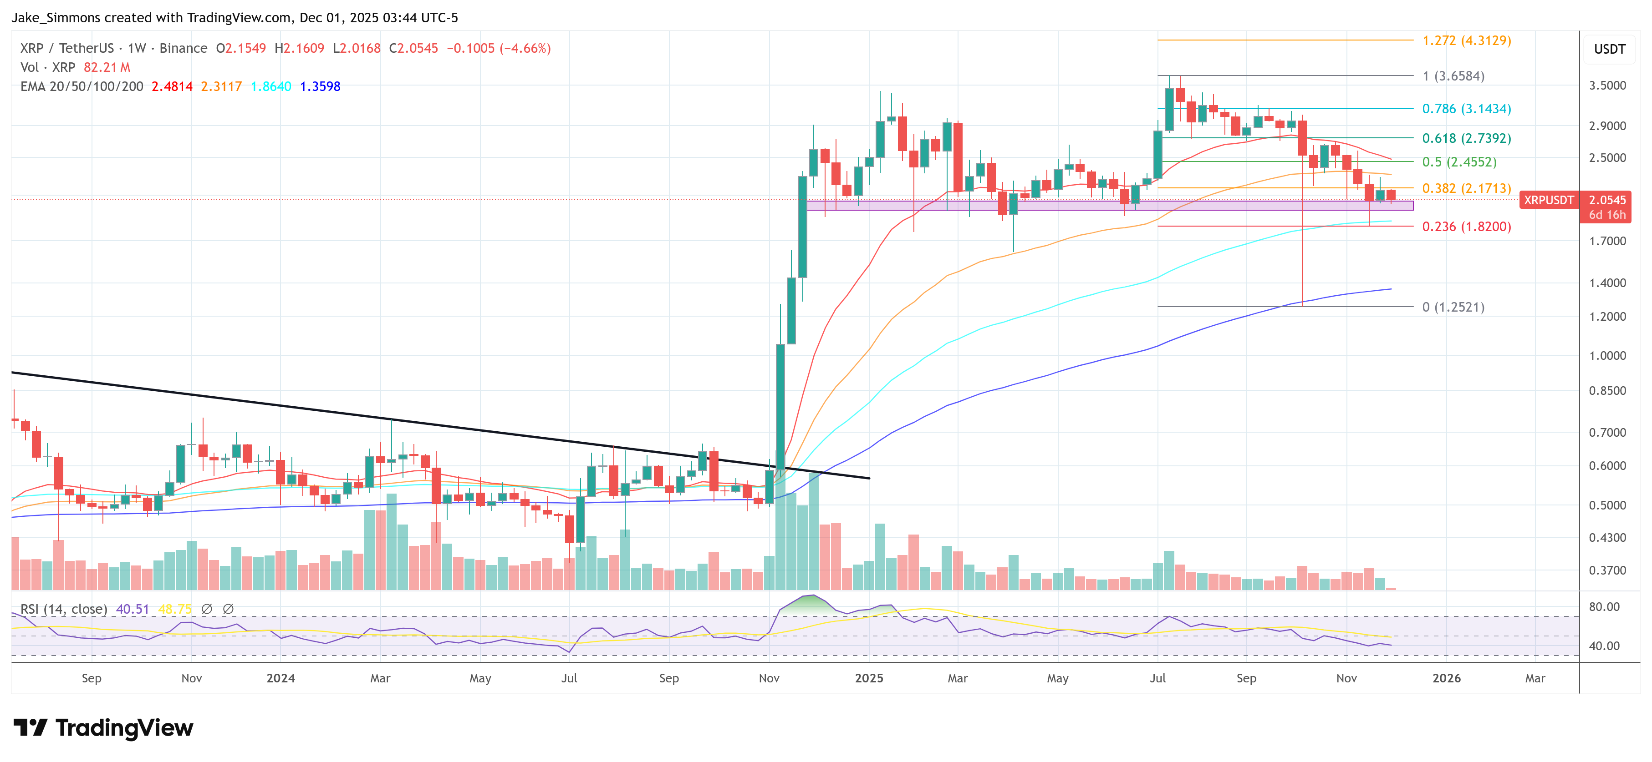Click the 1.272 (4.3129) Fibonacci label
pos(1466,40)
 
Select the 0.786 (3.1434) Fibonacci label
pos(1466,109)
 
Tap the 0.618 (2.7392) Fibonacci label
pos(1466,138)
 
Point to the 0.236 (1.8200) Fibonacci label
pos(1466,227)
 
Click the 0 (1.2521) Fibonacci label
pos(1453,307)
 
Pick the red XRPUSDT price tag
pos(1548,200)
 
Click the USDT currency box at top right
pos(1609,49)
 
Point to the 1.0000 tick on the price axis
pos(1607,356)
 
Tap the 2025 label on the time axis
pos(869,678)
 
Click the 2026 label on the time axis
pos(1446,678)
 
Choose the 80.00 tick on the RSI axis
pos(1604,607)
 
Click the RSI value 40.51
pos(132,609)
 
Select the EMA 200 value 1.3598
pos(320,86)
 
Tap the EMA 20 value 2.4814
pos(172,86)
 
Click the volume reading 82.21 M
pos(107,67)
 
